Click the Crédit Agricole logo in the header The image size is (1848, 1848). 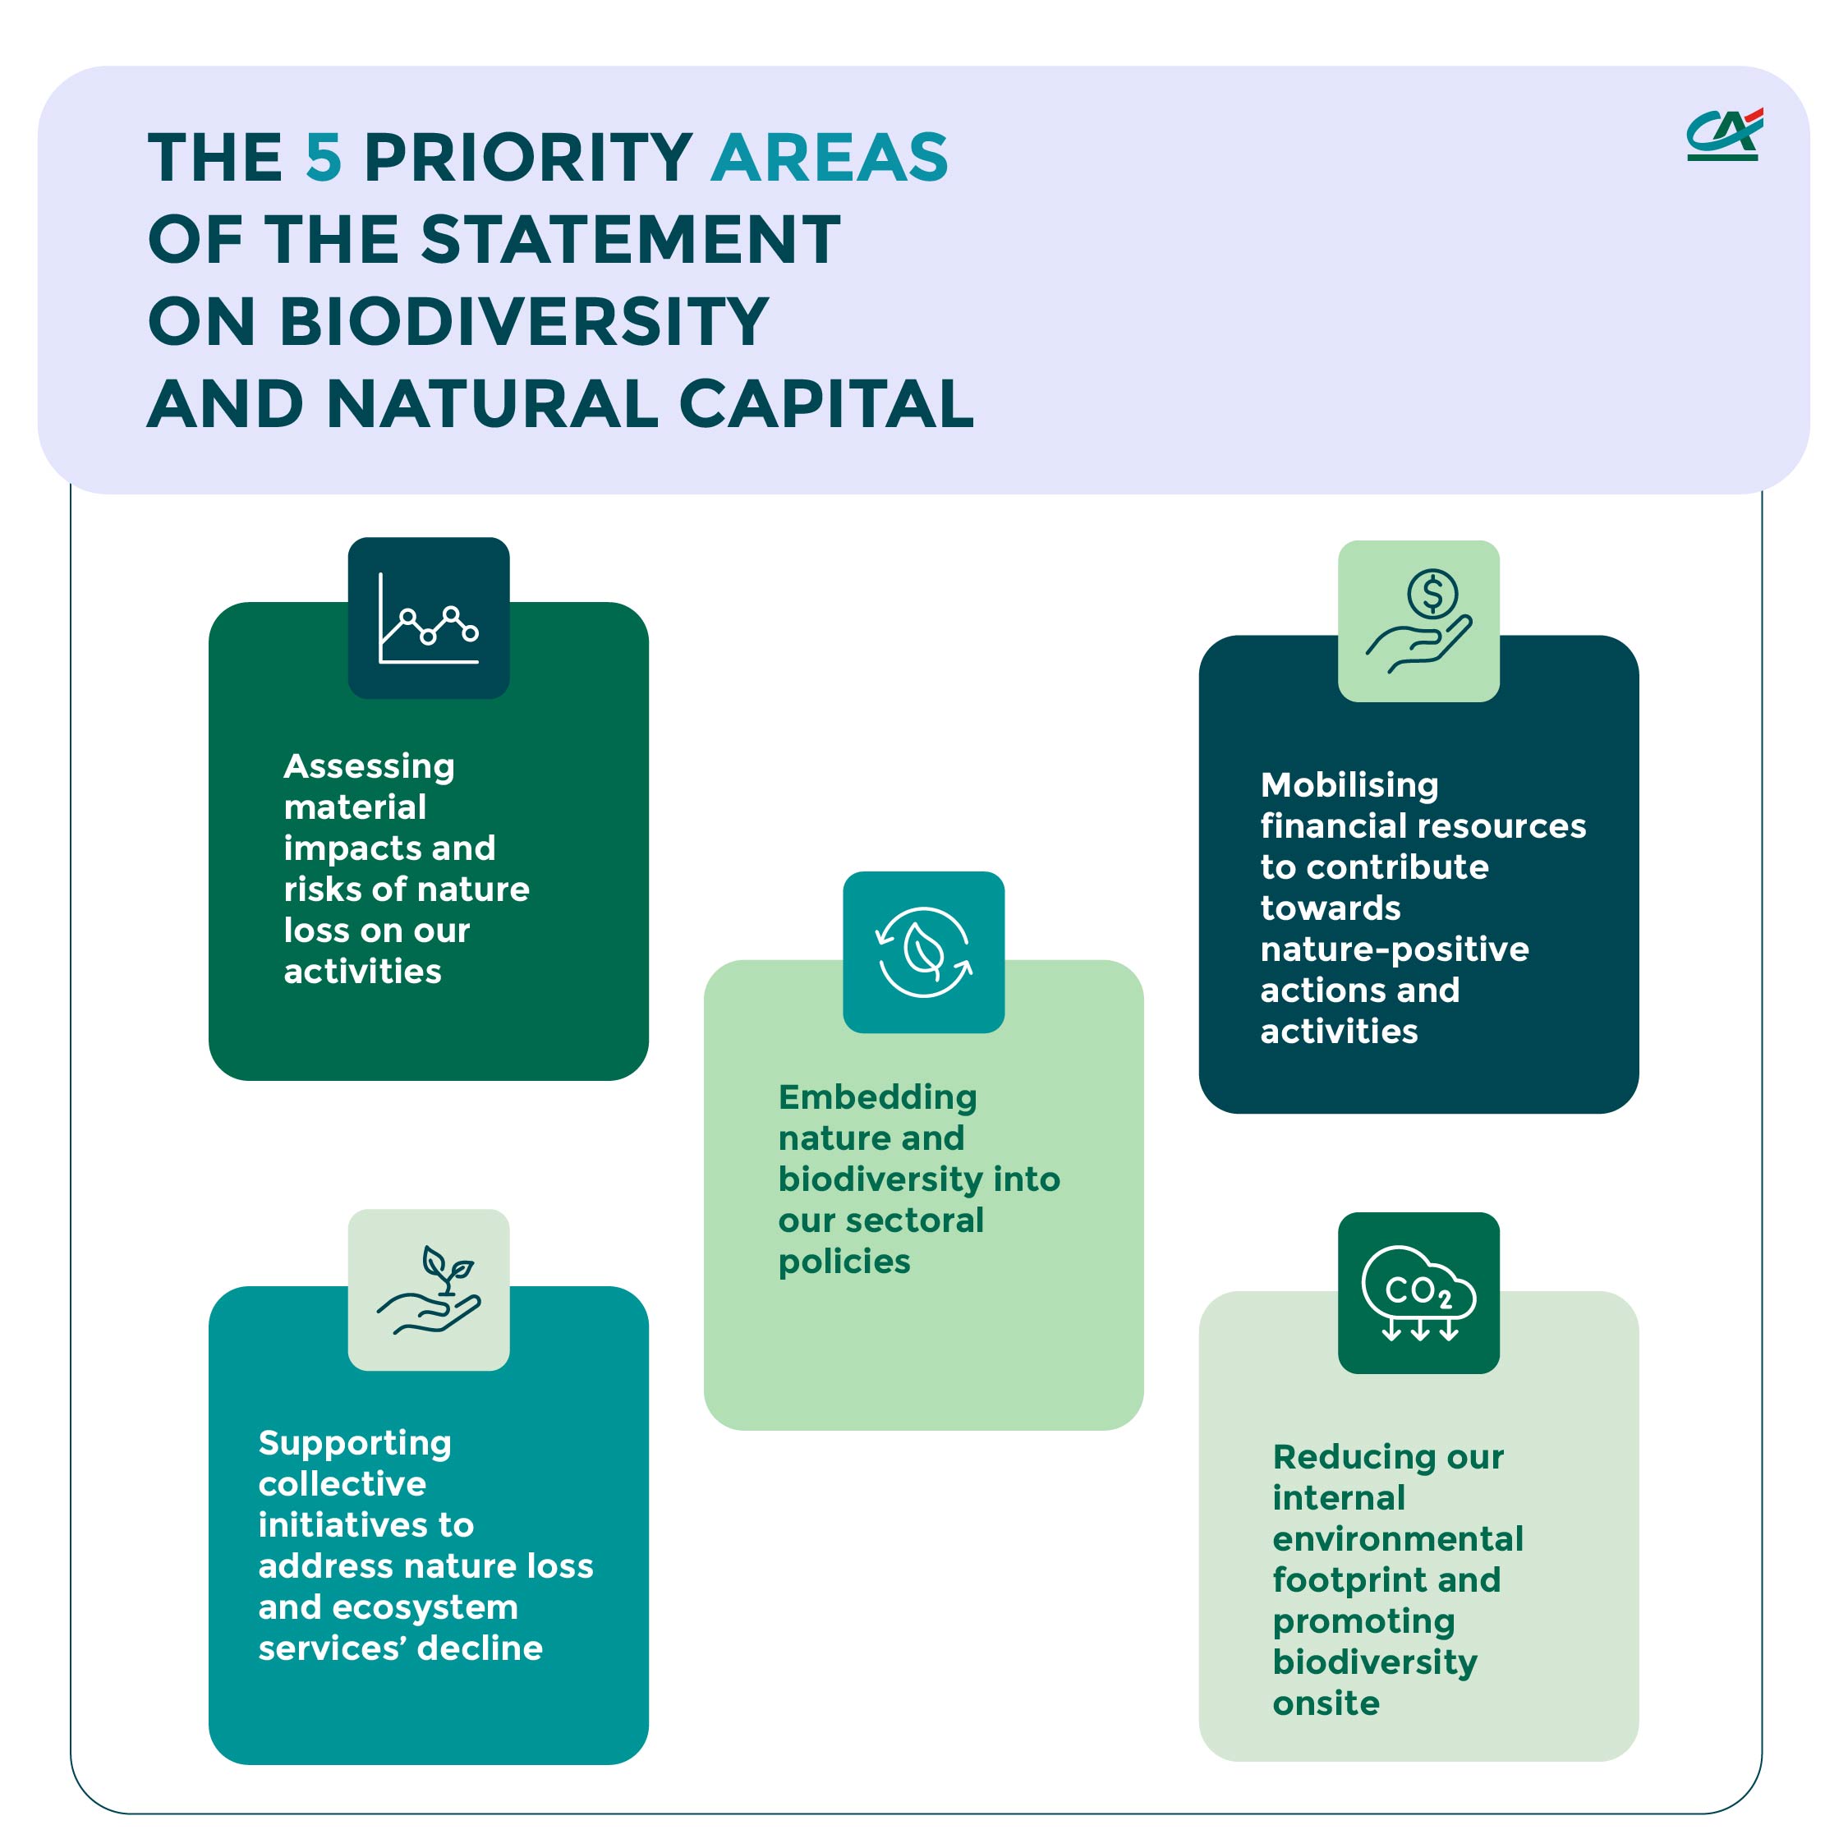[x=1722, y=134]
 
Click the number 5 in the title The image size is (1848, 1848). [x=324, y=157]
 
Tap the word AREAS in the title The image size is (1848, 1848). [x=830, y=157]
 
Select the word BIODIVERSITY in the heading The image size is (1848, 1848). [x=523, y=321]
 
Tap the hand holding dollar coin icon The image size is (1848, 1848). [x=1418, y=621]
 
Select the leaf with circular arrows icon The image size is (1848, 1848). [x=923, y=952]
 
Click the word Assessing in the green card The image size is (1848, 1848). [x=370, y=766]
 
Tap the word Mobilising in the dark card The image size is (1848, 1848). [x=1349, y=785]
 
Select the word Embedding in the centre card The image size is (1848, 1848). [x=877, y=1097]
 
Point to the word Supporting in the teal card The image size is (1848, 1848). [x=355, y=1442]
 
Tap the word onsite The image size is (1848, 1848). [x=1326, y=1703]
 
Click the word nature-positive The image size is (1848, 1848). [x=1394, y=949]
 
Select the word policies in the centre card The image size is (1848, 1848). [x=844, y=1262]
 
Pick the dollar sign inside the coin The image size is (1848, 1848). [x=1432, y=594]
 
